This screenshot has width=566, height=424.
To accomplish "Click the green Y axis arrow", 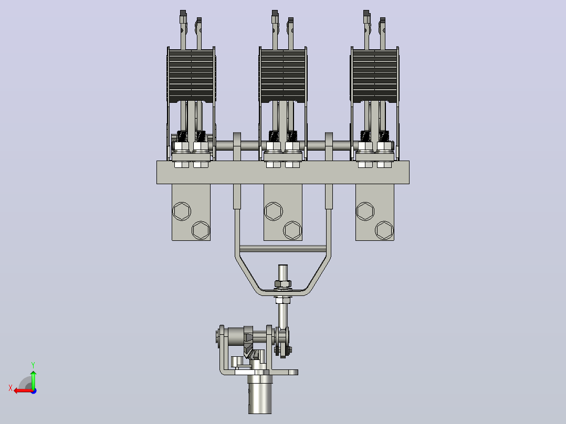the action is [33, 379].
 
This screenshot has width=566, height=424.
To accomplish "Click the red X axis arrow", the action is [24, 391].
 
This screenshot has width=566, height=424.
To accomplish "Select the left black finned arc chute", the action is [191, 76].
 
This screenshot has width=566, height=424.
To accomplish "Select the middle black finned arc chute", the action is [283, 76].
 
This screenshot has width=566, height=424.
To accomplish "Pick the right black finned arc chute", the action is [375, 76].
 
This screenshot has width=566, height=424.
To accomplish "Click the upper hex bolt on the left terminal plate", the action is [182, 211].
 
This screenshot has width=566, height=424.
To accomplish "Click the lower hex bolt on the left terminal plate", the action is [201, 230].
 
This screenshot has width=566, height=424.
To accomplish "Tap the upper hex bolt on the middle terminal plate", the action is [273, 211].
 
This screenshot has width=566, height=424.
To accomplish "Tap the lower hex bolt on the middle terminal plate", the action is [292, 230].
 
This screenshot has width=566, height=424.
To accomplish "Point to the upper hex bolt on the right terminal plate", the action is [365, 211].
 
